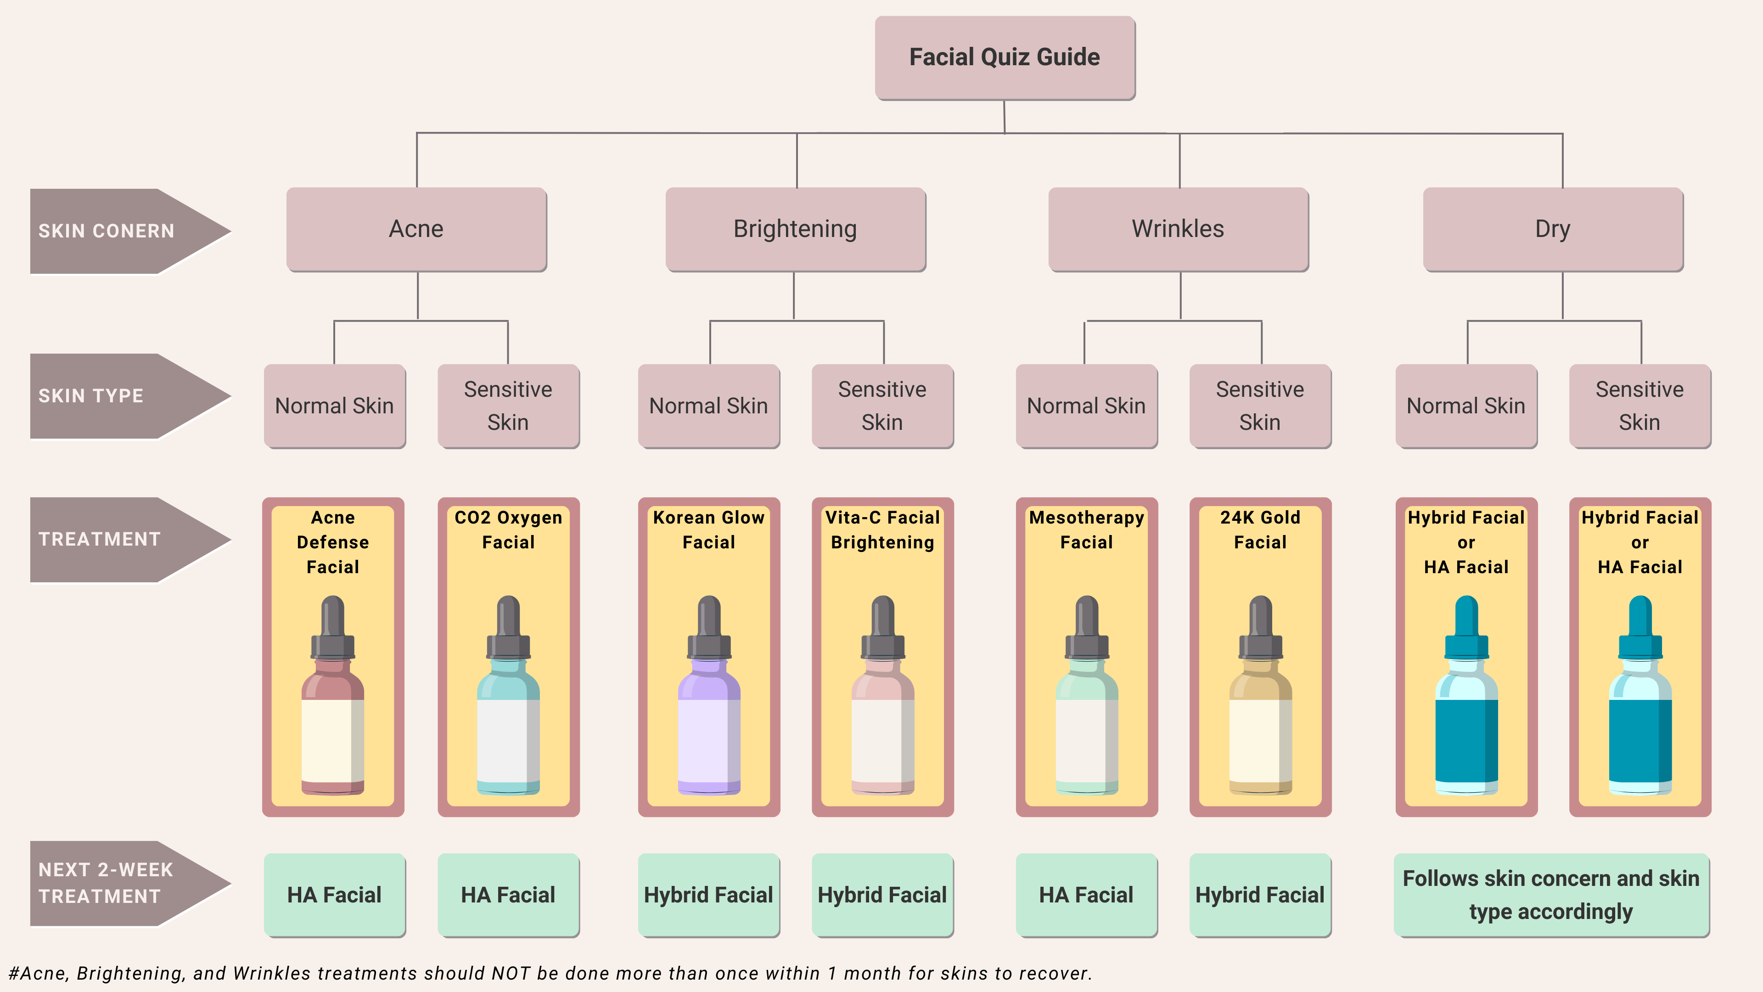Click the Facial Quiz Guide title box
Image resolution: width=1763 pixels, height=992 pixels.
click(1004, 57)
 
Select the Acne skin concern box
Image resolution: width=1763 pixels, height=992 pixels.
click(416, 229)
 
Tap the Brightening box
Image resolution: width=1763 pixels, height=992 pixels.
click(795, 229)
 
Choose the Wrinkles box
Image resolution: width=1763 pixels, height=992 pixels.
click(1178, 229)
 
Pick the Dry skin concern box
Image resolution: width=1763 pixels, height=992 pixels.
click(1552, 229)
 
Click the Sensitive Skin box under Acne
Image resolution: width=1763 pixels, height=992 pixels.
click(508, 406)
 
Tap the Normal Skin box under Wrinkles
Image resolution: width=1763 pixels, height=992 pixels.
click(1086, 406)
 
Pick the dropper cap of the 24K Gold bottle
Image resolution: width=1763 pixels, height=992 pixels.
click(1260, 626)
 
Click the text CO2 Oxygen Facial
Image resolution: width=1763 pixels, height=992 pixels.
click(508, 530)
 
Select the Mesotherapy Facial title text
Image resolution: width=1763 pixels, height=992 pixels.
click(1086, 530)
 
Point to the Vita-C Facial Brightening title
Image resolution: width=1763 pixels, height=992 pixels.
click(882, 530)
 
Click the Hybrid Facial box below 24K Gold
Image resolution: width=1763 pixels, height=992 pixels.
click(1260, 895)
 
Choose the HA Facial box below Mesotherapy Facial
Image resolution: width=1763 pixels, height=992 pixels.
click(1086, 895)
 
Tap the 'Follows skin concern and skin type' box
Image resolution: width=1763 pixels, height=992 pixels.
click(1551, 895)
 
